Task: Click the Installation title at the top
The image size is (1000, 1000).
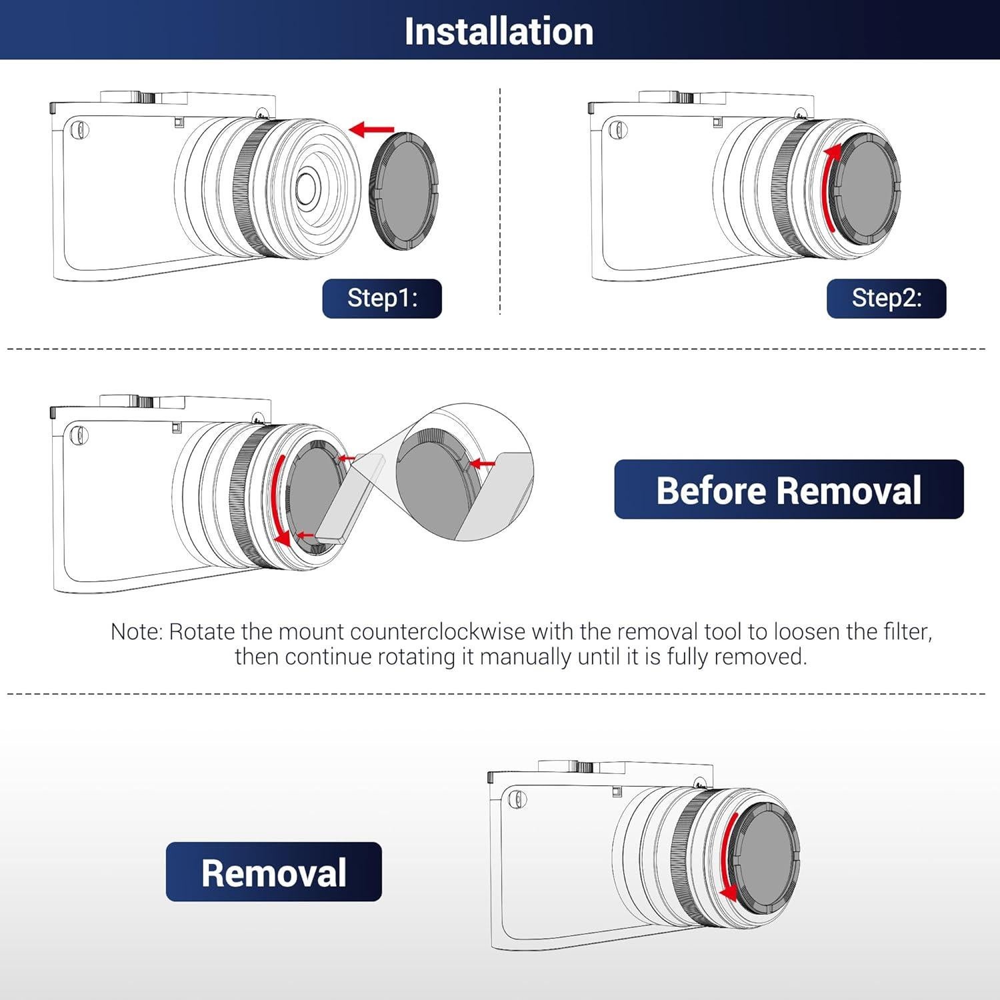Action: [x=499, y=31]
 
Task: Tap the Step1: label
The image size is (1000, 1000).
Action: [x=382, y=298]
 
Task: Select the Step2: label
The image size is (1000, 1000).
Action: [x=886, y=298]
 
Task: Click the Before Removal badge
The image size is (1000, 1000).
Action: [x=789, y=490]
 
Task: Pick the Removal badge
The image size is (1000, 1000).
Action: [x=273, y=872]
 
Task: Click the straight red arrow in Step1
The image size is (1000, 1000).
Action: [x=371, y=129]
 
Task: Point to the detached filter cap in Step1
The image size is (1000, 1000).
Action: [x=404, y=191]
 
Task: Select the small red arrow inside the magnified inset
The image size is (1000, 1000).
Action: [x=483, y=463]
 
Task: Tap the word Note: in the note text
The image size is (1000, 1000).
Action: [x=136, y=631]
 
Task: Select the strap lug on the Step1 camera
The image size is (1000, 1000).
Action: [x=79, y=129]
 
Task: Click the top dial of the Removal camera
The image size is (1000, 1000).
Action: [x=565, y=767]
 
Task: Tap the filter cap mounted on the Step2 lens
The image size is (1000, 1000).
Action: [x=867, y=188]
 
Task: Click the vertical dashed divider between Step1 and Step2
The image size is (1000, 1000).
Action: [x=500, y=200]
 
